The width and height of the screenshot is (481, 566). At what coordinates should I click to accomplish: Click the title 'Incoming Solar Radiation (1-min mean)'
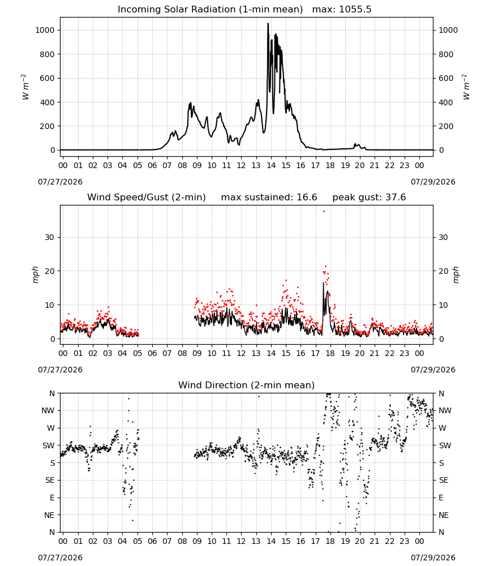click(210, 10)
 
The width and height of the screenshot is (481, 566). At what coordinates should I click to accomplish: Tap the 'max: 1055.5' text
click(342, 10)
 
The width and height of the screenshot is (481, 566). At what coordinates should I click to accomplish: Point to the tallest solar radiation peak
click(268, 23)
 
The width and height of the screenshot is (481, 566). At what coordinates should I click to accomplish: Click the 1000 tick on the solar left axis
click(45, 31)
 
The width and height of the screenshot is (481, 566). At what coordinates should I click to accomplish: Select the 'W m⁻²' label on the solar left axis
click(24, 87)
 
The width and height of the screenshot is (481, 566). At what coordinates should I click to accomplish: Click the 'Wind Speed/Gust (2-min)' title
click(147, 198)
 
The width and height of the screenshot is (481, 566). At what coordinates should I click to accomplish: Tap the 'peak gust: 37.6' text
click(369, 198)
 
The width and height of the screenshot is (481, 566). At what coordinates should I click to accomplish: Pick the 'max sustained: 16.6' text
click(269, 198)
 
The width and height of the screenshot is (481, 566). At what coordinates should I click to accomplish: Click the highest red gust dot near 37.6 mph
click(324, 212)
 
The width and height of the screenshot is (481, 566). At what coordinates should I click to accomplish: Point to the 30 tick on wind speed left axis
click(50, 238)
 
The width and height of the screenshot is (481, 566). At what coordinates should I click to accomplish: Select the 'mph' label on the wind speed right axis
click(456, 275)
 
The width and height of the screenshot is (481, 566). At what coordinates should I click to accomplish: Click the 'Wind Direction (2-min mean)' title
click(247, 385)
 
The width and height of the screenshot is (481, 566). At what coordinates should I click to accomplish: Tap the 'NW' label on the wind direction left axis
click(48, 411)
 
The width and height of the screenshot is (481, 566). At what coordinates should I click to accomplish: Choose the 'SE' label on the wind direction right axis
click(444, 481)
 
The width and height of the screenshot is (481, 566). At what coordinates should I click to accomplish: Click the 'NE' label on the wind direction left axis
click(49, 516)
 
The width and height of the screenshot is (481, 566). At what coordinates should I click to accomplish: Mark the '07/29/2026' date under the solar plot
click(433, 182)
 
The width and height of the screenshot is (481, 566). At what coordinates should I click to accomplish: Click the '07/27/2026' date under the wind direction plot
click(60, 558)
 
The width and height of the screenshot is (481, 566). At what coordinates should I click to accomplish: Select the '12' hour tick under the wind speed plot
click(241, 353)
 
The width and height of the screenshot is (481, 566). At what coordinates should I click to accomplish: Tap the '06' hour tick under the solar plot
click(152, 166)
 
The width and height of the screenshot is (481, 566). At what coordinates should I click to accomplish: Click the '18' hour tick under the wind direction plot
click(330, 542)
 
